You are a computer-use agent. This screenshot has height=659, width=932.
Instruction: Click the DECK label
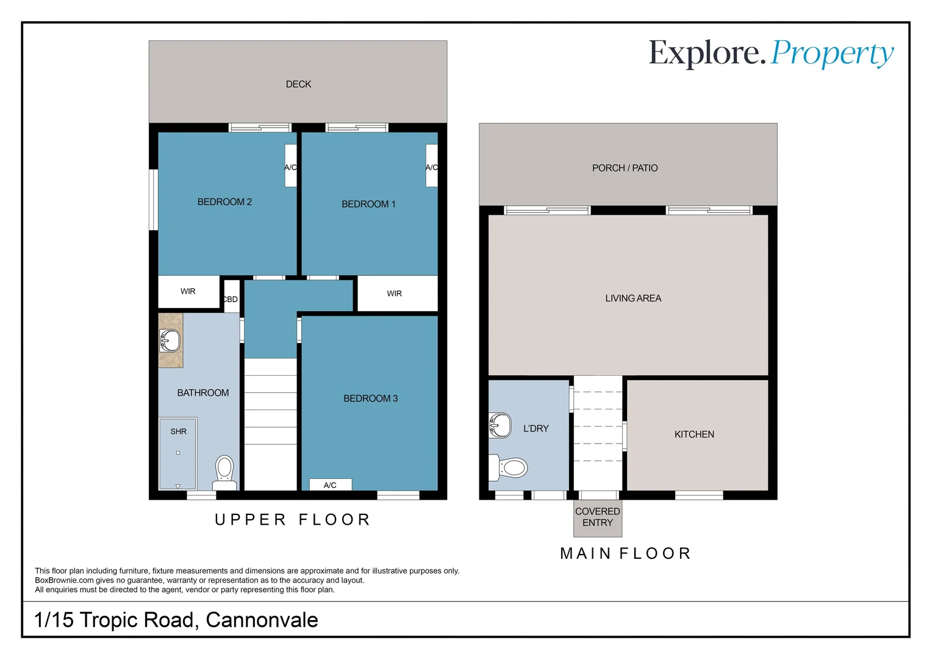(298, 84)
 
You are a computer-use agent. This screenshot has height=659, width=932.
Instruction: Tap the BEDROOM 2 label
(224, 202)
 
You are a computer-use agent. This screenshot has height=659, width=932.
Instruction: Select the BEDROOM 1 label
(368, 204)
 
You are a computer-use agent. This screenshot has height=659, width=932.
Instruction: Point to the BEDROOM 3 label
(370, 398)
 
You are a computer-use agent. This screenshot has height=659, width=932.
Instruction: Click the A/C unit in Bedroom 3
(330, 485)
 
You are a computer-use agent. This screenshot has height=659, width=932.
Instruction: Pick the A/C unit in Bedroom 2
(290, 166)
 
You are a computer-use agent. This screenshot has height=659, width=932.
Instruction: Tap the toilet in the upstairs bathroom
(224, 471)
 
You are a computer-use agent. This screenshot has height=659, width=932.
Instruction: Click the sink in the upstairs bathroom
(170, 340)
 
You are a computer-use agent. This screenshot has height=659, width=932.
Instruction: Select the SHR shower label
(179, 431)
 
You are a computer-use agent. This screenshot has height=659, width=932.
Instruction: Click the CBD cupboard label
(231, 299)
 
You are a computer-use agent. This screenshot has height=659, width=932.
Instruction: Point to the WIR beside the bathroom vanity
(188, 292)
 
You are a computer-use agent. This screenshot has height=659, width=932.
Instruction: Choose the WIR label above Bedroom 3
(395, 293)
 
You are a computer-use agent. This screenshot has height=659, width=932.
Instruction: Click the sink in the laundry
(500, 425)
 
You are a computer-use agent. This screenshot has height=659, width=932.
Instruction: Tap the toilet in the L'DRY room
(511, 468)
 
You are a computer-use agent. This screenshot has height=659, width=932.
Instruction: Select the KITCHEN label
(694, 434)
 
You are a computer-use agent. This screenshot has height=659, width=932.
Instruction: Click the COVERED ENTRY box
(598, 517)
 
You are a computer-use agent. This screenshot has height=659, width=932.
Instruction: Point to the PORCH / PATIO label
(625, 168)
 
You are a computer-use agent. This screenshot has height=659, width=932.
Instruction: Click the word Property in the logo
(832, 54)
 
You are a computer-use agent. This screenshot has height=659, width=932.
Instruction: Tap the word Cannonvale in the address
(262, 620)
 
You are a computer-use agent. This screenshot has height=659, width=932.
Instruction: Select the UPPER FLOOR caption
(293, 520)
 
